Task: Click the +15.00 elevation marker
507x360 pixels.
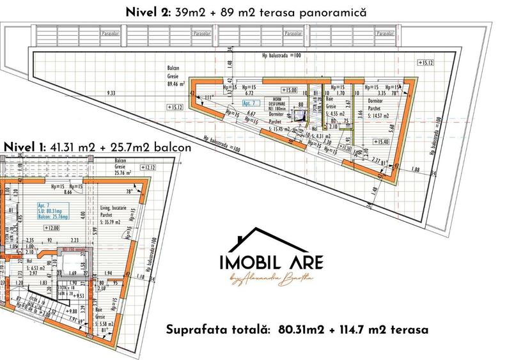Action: pos(288,90)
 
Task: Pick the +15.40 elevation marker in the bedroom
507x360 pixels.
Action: pos(383,142)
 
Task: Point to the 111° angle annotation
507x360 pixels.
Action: pos(208,97)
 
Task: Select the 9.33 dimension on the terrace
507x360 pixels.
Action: pos(112,93)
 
